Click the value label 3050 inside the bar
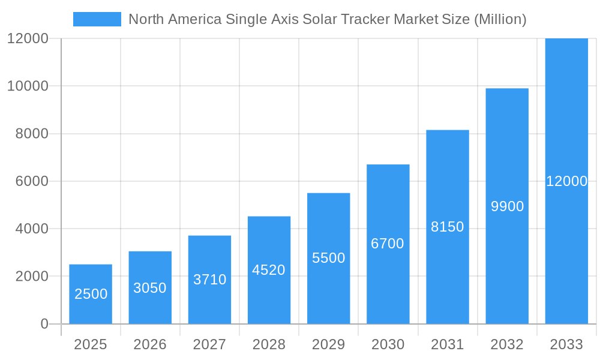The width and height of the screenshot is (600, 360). tap(150, 288)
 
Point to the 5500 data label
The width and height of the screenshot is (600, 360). tap(329, 258)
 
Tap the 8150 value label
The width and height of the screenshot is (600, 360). tap(448, 227)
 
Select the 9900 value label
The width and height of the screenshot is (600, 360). tap(507, 206)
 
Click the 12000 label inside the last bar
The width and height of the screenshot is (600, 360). tap(566, 181)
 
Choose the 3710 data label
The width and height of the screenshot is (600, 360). tap(209, 280)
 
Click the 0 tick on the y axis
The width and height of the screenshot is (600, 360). tap(44, 324)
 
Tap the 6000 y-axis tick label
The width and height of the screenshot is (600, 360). tap(31, 181)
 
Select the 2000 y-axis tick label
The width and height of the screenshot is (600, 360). tap(31, 277)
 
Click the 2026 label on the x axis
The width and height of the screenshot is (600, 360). tap(150, 344)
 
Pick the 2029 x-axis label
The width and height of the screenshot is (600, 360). tap(329, 344)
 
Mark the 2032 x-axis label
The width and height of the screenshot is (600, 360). tap(507, 344)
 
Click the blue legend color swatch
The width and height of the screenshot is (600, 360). tap(97, 19)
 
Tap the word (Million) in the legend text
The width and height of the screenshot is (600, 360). tap(500, 19)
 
